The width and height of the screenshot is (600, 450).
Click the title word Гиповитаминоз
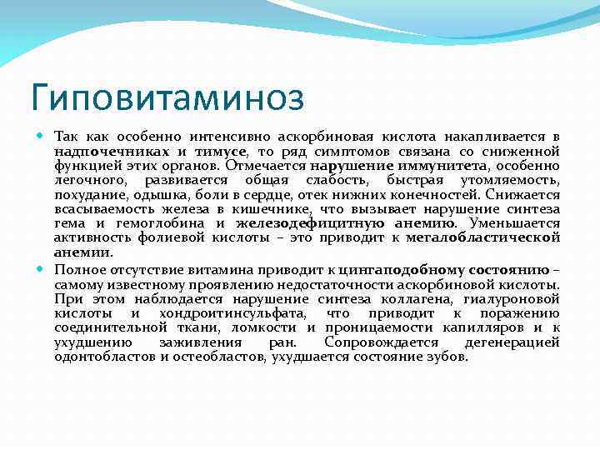(167, 95)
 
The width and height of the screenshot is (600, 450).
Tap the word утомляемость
(512, 180)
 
